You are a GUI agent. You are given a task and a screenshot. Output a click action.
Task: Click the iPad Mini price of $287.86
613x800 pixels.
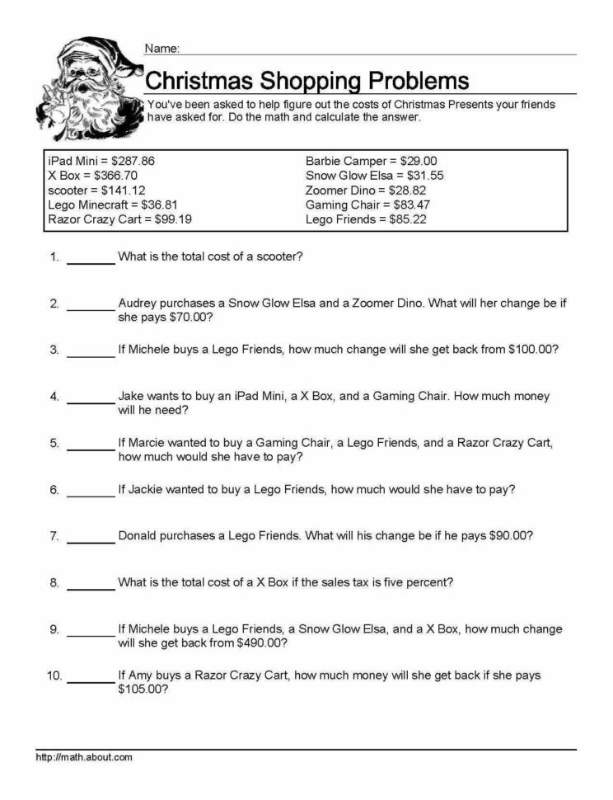click(134, 161)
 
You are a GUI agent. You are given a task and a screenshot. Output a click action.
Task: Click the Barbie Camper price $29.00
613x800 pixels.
click(418, 161)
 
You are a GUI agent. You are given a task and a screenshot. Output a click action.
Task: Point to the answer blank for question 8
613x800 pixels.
click(90, 586)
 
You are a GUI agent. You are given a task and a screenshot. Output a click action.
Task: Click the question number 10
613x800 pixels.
click(54, 675)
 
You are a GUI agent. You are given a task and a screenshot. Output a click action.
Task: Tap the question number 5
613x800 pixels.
click(54, 443)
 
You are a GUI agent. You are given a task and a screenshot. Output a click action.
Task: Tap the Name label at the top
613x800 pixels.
click(161, 49)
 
